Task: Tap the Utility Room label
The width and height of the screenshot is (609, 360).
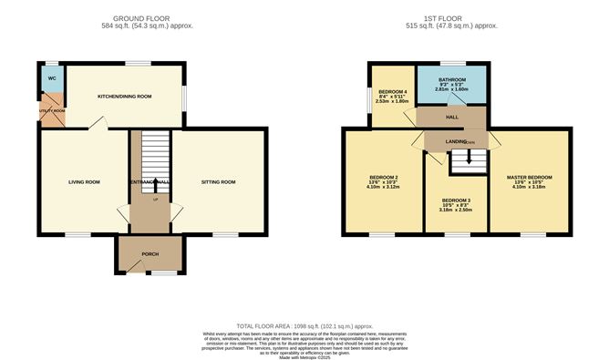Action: point(52,110)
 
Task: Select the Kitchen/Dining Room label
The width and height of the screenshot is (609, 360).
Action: point(125,96)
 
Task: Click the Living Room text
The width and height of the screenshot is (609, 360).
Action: point(84,182)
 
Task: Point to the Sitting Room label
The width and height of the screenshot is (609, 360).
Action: point(218,182)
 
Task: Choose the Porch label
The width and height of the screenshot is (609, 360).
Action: point(150,254)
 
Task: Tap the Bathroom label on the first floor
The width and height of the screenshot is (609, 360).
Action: point(453,79)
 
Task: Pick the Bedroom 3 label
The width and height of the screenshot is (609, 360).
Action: point(457,200)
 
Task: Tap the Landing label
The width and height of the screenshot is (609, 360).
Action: point(456,142)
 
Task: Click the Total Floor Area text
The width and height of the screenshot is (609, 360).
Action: point(304,325)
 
